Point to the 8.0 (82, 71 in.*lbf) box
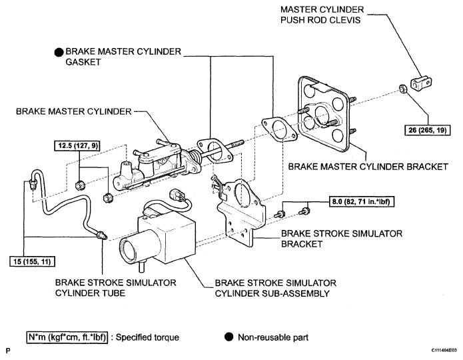click(x=361, y=201)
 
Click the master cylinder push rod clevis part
click(x=421, y=83)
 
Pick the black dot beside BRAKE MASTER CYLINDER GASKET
click(x=59, y=52)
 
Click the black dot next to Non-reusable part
click(x=229, y=337)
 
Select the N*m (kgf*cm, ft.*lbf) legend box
click(x=67, y=337)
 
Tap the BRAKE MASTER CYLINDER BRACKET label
click(x=368, y=167)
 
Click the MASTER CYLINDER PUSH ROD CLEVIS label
click(x=322, y=15)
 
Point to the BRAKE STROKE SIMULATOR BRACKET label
click(x=341, y=239)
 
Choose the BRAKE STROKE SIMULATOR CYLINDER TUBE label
click(x=115, y=288)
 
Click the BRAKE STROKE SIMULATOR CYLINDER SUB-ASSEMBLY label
click(x=275, y=288)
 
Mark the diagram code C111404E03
click(x=446, y=351)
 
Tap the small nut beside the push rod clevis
click(x=402, y=89)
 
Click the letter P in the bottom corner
click(x=8, y=351)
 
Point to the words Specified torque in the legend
click(x=147, y=337)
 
